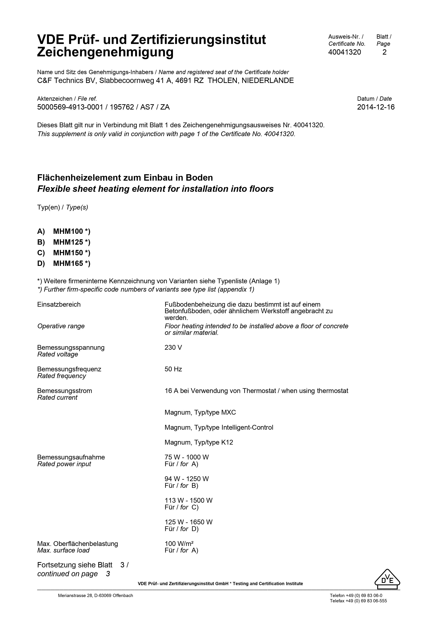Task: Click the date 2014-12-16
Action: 376,107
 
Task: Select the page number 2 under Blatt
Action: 384,52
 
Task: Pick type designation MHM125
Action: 68,242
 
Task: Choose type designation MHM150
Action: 68,253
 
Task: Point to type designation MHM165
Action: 68,263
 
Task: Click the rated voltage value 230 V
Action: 173,348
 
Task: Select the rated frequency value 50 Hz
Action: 173,369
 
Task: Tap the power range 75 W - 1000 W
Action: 187,457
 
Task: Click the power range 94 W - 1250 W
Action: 187,479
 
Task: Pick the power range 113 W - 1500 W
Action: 189,501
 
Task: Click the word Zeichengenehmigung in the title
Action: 105,52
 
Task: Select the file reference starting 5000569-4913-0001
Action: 103,107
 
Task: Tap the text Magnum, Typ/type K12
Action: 199,442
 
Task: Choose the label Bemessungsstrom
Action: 64,391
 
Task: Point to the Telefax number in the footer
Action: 358,601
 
